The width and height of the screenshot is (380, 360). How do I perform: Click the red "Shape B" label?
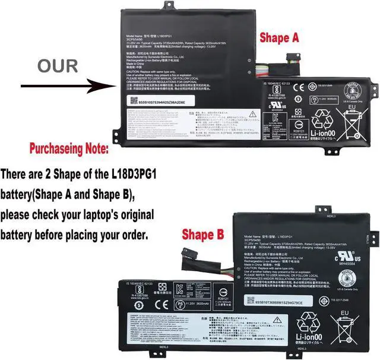(204, 235)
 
